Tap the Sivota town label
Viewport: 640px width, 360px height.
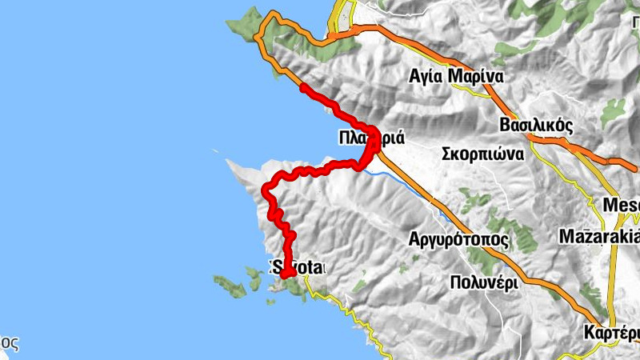pos(298,266)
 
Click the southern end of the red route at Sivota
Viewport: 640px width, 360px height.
pos(284,274)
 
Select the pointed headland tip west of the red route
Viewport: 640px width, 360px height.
pos(229,162)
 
